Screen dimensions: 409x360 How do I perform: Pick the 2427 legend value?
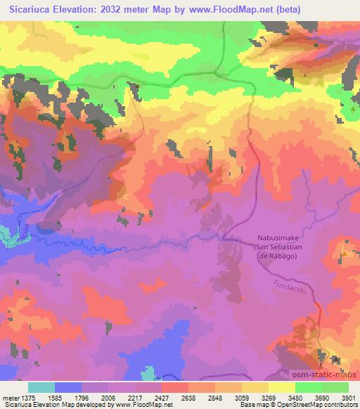[161, 398]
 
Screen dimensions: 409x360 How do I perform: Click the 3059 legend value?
[242, 398]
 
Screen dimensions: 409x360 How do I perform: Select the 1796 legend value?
[82, 398]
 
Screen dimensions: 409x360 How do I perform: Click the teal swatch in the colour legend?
[41, 387]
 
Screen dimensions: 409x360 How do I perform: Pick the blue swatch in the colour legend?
[68, 387]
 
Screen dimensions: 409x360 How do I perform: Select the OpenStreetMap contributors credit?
[318, 405]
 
